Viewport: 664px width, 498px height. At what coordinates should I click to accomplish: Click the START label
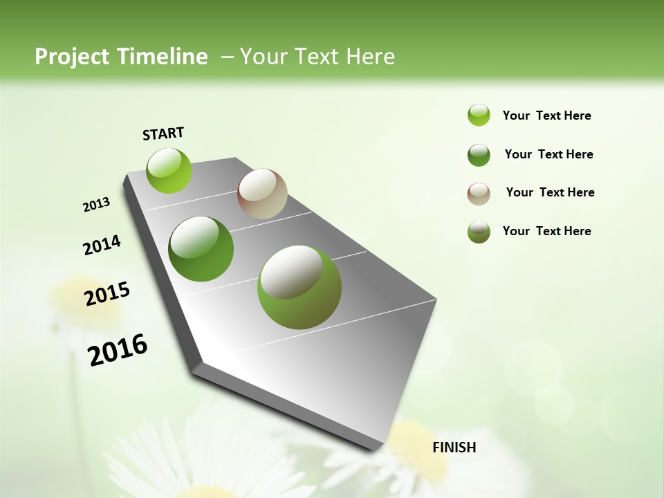coord(163,133)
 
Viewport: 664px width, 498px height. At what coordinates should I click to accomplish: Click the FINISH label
coord(454,448)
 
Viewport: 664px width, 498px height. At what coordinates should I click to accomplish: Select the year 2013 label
coord(97,205)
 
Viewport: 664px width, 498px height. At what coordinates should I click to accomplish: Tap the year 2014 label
coord(102,245)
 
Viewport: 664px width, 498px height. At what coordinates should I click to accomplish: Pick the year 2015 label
coord(107,293)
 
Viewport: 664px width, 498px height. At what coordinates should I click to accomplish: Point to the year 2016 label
coord(118,349)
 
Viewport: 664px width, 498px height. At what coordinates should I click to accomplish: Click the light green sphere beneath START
coord(169,170)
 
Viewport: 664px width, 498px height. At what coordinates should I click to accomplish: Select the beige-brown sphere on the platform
coord(262,194)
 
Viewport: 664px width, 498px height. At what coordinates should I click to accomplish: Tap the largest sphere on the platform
coord(299,287)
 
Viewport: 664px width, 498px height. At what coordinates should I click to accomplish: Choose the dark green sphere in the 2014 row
coord(201,249)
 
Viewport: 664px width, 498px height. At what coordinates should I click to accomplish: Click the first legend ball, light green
coord(479,115)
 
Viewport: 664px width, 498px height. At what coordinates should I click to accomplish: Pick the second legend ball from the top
coord(479,155)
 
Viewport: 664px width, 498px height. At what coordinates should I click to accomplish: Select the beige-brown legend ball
coord(479,194)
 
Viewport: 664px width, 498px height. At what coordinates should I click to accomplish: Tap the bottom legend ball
coord(479,232)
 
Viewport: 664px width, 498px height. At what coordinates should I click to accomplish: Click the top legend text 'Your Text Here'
coord(546,116)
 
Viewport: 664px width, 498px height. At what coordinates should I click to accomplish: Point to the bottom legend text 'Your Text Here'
coord(546,231)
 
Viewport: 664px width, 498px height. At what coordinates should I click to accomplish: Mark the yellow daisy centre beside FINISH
coord(415,450)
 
